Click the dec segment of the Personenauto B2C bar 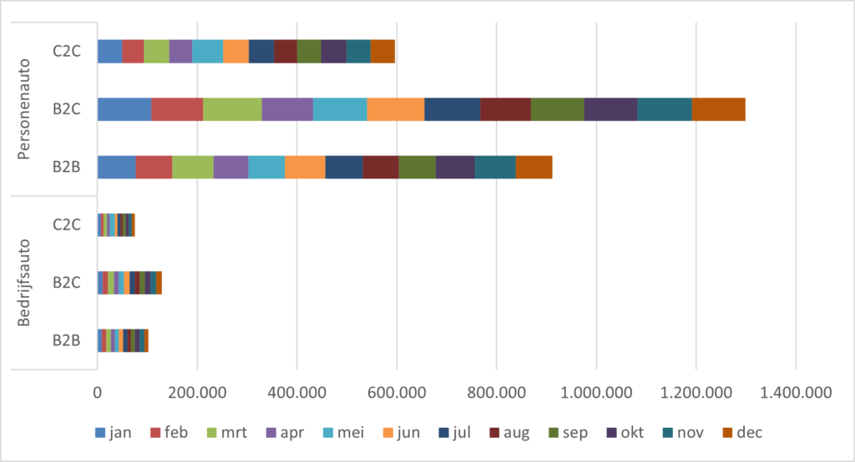point(718,109)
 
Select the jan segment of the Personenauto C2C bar point(109,51)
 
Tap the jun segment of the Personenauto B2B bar point(305,168)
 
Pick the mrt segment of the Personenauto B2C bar point(232,109)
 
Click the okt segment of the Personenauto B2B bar point(455,168)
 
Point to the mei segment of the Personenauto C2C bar point(207,51)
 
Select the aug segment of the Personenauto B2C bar point(505,109)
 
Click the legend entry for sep point(568,433)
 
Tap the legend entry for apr point(285,433)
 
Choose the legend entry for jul point(454,433)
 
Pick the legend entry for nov point(683,433)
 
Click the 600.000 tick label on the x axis point(397,392)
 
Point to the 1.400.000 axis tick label point(796,392)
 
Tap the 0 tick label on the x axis point(97,392)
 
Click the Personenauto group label point(23,109)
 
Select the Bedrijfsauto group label point(23,283)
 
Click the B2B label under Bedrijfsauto point(67,340)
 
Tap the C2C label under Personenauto point(67,51)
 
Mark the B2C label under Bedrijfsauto point(67,283)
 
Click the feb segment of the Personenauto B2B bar point(154,168)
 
